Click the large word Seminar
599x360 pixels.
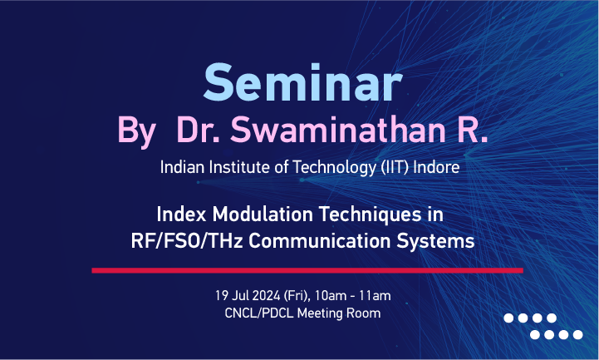(x=302, y=82)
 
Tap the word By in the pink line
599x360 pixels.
(x=136, y=132)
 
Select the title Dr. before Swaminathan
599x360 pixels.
(x=199, y=130)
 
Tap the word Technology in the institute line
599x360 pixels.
(x=335, y=168)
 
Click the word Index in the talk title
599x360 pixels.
(x=181, y=214)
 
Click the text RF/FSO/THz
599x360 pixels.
(x=187, y=241)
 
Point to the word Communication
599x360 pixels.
(x=320, y=241)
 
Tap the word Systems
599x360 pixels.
(x=435, y=242)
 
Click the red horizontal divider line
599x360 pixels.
(x=307, y=270)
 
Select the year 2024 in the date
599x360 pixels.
(x=266, y=296)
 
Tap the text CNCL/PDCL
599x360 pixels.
(x=259, y=313)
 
